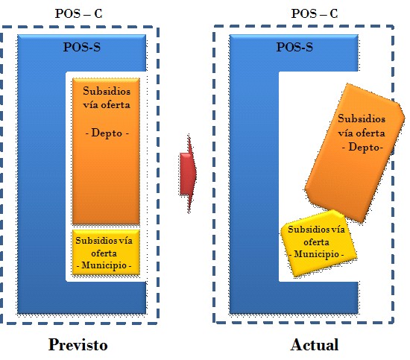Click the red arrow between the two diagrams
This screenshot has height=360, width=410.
(x=189, y=174)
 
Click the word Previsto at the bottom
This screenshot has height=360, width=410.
(x=78, y=345)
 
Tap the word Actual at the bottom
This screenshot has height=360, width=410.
(x=315, y=344)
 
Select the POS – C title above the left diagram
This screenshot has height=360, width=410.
(x=78, y=13)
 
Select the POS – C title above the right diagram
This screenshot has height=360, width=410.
(x=315, y=13)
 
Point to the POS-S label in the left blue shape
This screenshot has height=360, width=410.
(x=82, y=47)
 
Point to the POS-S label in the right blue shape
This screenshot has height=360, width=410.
(x=294, y=47)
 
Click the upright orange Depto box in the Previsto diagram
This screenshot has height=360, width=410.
(x=106, y=151)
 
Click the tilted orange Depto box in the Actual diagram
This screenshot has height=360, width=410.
(x=355, y=153)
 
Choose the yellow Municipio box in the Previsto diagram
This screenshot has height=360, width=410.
(x=106, y=252)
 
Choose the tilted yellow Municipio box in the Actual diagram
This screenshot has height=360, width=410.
(x=318, y=243)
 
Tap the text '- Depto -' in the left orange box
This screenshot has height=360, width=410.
(x=107, y=133)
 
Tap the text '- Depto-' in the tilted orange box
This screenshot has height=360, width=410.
(x=362, y=147)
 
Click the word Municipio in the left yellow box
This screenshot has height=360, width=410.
(x=104, y=265)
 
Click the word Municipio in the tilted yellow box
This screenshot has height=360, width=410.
(x=316, y=254)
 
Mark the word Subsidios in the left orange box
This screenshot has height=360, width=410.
(x=107, y=91)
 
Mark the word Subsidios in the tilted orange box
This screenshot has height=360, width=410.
(x=362, y=119)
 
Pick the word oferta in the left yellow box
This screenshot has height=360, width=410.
(x=104, y=253)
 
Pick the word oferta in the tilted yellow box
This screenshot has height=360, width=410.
(x=316, y=242)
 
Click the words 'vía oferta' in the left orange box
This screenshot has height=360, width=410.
(x=107, y=105)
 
